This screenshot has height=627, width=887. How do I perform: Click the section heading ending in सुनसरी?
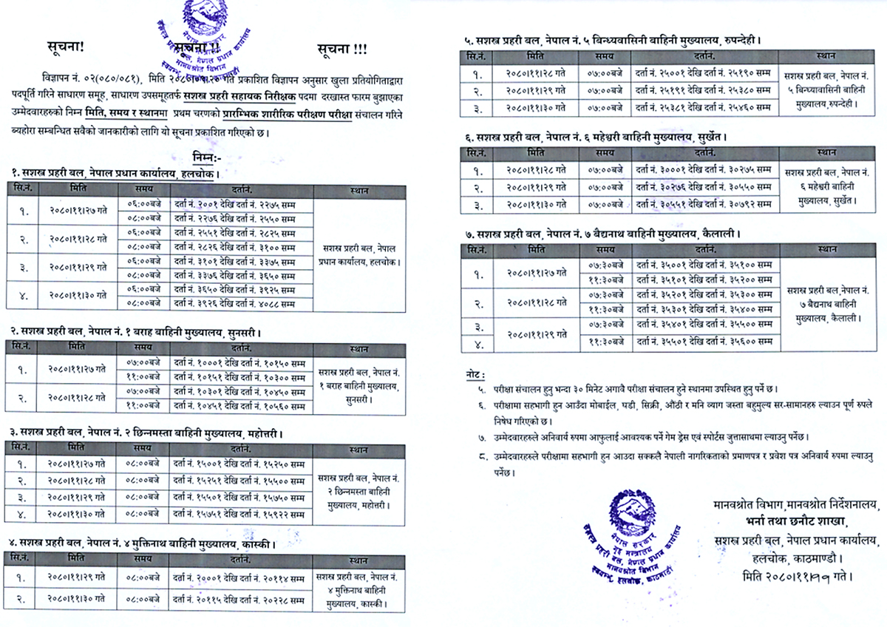(x=136, y=332)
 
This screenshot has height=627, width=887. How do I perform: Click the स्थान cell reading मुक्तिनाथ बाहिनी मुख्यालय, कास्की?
(x=352, y=589)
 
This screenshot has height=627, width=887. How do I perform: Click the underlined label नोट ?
(x=478, y=374)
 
